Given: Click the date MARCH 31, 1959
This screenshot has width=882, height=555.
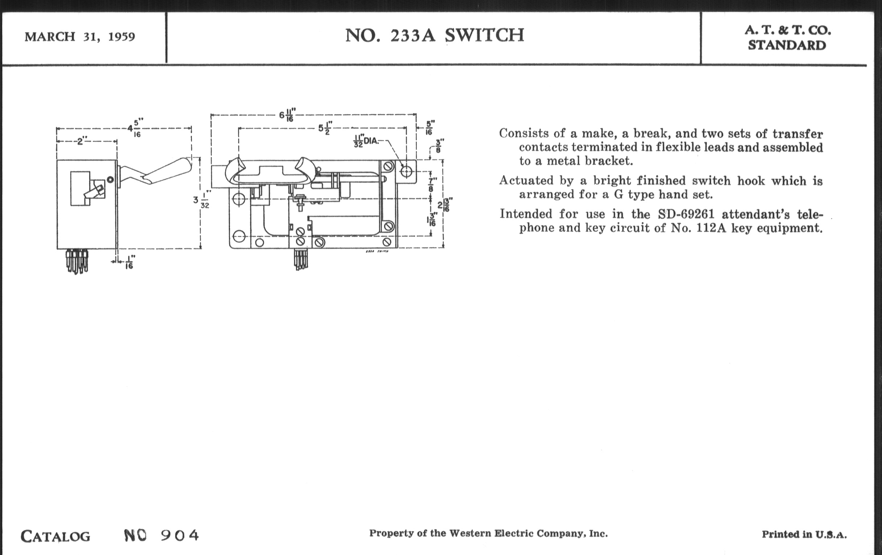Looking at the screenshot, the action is pyautogui.click(x=80, y=37).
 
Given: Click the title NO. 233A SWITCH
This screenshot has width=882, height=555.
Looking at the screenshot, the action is pyautogui.click(x=435, y=36).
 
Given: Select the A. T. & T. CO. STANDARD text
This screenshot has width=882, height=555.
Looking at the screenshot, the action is pyautogui.click(x=787, y=38).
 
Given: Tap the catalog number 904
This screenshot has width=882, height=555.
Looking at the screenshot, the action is pyautogui.click(x=180, y=535).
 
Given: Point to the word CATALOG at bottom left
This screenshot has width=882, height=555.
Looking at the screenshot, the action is pyautogui.click(x=55, y=536).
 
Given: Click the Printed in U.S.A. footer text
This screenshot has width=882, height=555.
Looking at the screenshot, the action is pyautogui.click(x=804, y=534).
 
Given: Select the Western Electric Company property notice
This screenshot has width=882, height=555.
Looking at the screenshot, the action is pyautogui.click(x=488, y=533).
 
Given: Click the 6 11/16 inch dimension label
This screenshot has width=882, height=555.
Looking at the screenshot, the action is pyautogui.click(x=287, y=115).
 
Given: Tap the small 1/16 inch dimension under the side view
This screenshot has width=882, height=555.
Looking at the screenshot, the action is pyautogui.click(x=129, y=262).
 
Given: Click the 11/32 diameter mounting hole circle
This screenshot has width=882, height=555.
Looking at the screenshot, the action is pyautogui.click(x=406, y=171).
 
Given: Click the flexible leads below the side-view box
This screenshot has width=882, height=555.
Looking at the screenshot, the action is pyautogui.click(x=77, y=261).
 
